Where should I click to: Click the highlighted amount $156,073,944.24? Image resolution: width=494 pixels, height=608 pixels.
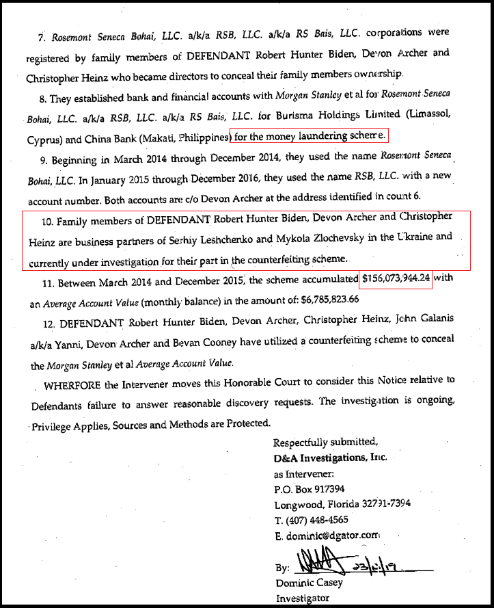396,279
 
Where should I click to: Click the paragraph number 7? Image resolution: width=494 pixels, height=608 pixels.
41,35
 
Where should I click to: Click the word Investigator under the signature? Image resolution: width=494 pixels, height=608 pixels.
302,598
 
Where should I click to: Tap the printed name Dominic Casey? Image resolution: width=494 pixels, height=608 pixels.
308,583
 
